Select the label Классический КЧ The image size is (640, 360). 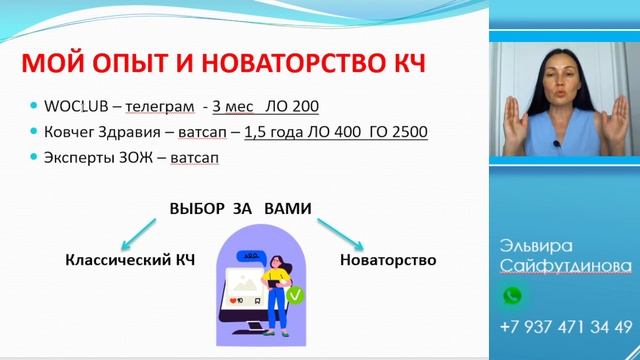tap(130, 260)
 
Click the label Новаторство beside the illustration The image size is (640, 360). tap(388, 260)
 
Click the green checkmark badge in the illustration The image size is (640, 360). tap(295, 296)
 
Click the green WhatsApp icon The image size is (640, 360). tap(512, 296)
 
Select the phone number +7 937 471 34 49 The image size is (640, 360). tap(565, 327)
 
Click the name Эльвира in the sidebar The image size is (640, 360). tap(535, 246)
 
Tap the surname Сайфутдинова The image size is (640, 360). tap(565, 265)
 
